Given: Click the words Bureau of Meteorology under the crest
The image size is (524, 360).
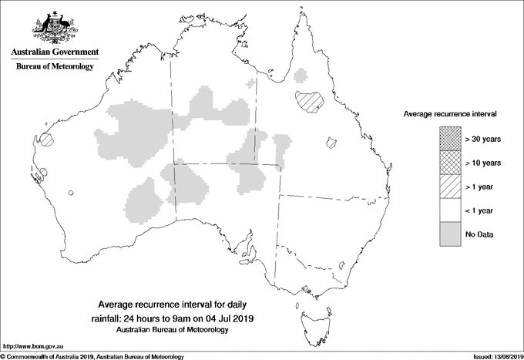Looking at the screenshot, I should [x=55, y=67].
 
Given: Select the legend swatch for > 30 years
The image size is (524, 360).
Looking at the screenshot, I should [x=450, y=139].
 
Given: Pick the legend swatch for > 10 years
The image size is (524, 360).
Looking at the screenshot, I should [x=450, y=163].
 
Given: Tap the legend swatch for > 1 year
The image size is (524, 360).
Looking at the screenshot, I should [x=450, y=187].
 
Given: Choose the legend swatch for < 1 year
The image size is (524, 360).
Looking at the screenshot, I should [x=450, y=210].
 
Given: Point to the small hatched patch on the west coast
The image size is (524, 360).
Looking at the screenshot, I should [x=48, y=140].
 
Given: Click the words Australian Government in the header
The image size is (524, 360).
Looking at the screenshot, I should [x=55, y=52].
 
